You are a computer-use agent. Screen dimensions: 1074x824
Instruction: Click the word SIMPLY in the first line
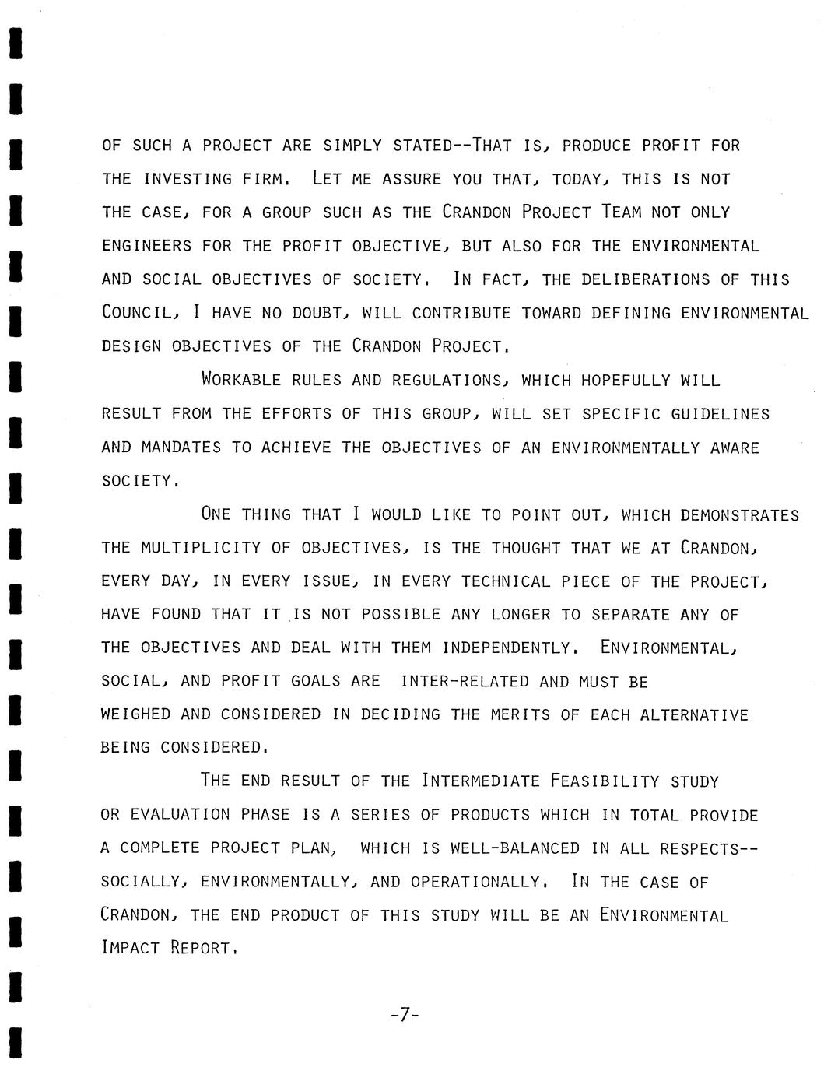click(x=352, y=146)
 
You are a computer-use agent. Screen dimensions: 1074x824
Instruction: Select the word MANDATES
click(x=181, y=447)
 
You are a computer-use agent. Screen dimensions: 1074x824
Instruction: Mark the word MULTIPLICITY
click(x=201, y=548)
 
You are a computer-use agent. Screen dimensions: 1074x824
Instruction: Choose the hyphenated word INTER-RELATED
click(x=465, y=682)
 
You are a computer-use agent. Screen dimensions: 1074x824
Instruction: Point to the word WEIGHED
click(x=135, y=714)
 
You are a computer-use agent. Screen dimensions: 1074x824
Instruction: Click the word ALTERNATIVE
click(x=693, y=714)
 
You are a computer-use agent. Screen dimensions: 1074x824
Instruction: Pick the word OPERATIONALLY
click(x=475, y=882)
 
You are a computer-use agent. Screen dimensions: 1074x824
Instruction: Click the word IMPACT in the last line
click(x=130, y=949)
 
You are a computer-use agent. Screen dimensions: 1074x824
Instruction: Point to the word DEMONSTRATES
click(x=739, y=515)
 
